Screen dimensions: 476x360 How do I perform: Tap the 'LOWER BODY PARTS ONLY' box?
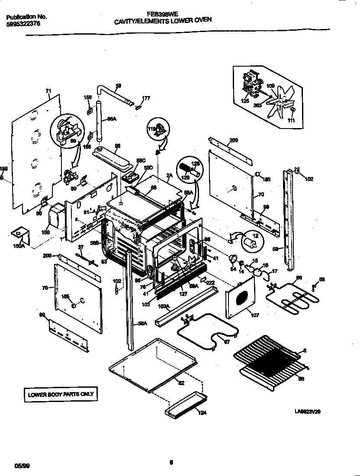pyautogui.click(x=60, y=394)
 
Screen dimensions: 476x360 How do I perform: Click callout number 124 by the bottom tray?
pyautogui.click(x=202, y=412)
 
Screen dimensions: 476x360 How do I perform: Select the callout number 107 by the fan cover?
pyautogui.click(x=255, y=315)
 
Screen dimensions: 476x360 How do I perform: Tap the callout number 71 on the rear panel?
pyautogui.click(x=48, y=91)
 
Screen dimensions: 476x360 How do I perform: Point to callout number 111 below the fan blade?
pyautogui.click(x=291, y=120)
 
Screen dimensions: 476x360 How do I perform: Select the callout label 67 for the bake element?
pyautogui.click(x=226, y=341)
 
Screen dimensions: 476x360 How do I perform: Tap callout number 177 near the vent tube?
pyautogui.click(x=146, y=98)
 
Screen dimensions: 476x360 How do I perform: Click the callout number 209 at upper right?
pyautogui.click(x=234, y=140)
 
